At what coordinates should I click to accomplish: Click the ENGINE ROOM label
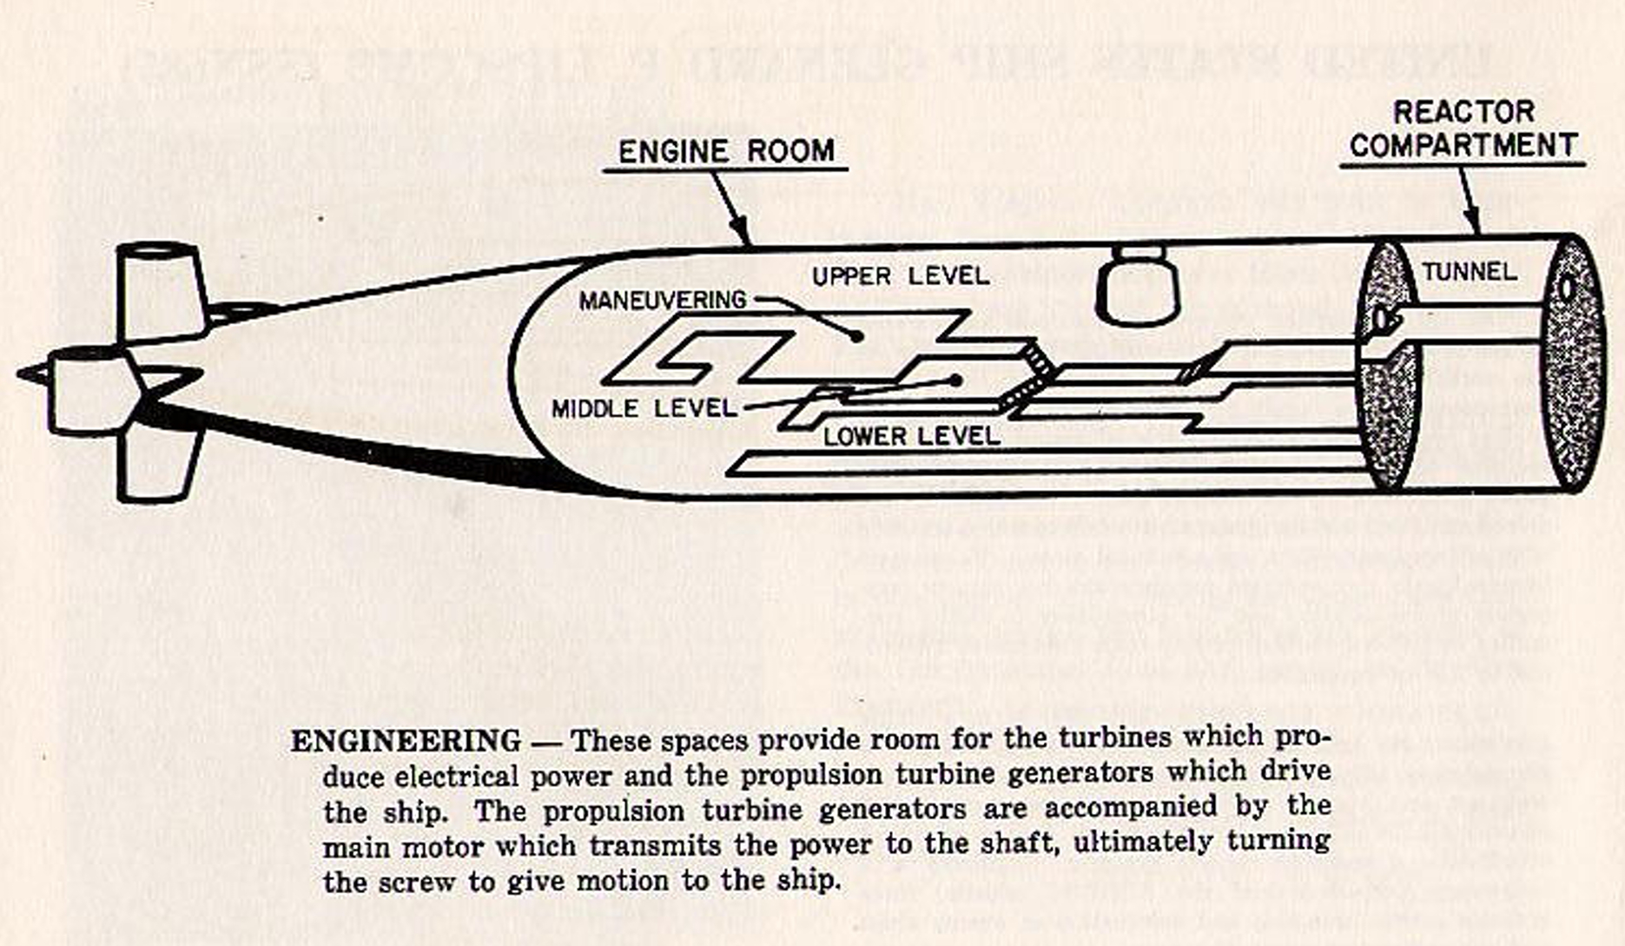726,151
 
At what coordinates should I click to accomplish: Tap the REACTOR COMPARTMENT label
1463,129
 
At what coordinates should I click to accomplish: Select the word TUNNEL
1470,272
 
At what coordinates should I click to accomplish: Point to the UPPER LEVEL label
901,276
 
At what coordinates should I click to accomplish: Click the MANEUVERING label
663,301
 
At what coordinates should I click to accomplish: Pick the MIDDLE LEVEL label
644,408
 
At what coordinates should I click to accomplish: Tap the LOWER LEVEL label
911,436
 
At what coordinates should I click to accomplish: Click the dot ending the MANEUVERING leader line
856,335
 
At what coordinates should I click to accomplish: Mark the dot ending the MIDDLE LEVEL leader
955,380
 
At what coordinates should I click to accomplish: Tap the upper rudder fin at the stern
161,291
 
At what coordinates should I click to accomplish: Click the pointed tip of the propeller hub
23,374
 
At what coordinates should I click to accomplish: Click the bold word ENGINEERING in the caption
406,741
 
